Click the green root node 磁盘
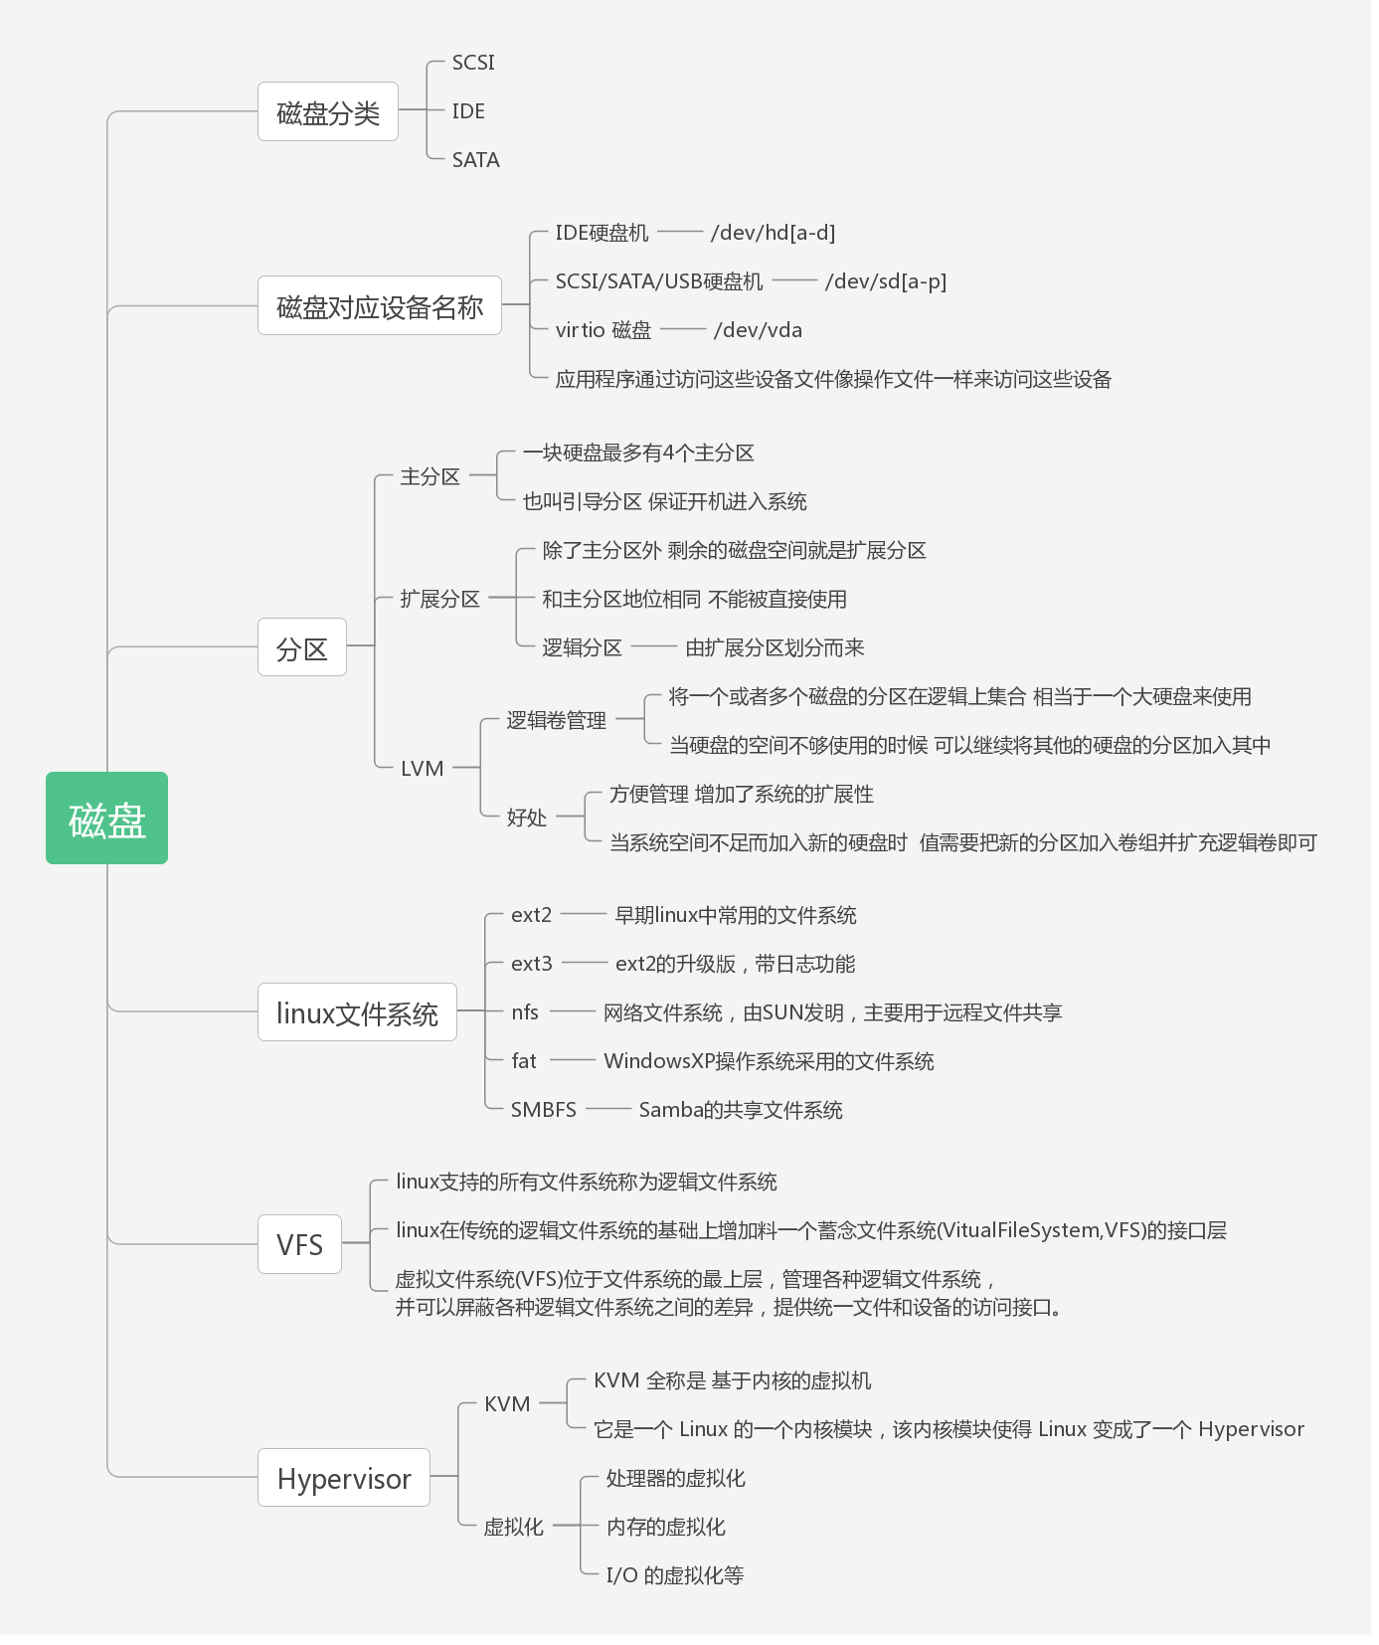pyautogui.click(x=106, y=818)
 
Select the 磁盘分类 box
pyautogui.click(x=327, y=111)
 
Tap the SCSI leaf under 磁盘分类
pyautogui.click(x=473, y=63)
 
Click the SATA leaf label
pyautogui.click(x=475, y=160)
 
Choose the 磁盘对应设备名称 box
pyautogui.click(x=379, y=305)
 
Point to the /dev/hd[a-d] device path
pyautogui.click(x=773, y=233)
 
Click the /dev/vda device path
pyautogui.click(x=758, y=330)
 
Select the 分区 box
pyautogui.click(x=301, y=647)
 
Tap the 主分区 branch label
pyautogui.click(x=430, y=476)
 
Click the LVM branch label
pyautogui.click(x=422, y=769)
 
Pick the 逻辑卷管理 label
pyautogui.click(x=556, y=720)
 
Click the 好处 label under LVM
pyautogui.click(x=526, y=818)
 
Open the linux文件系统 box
pyautogui.click(x=357, y=1012)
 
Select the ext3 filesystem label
pyautogui.click(x=531, y=964)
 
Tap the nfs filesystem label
pyautogui.click(x=524, y=1012)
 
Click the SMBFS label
pyautogui.click(x=543, y=1110)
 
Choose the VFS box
pyautogui.click(x=299, y=1244)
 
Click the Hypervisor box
pyautogui.click(x=343, y=1478)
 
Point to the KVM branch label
pyautogui.click(x=507, y=1404)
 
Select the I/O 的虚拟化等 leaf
pyautogui.click(x=674, y=1575)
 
